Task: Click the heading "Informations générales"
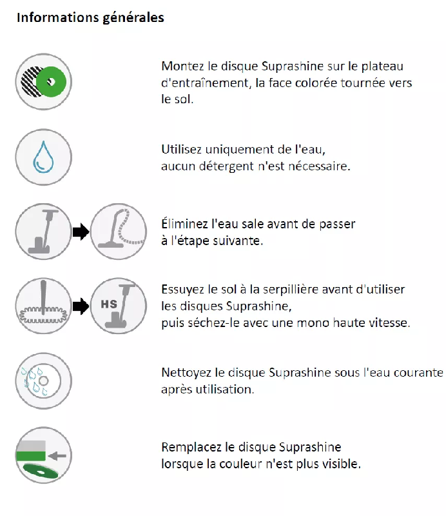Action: (x=90, y=18)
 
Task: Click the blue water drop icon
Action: (x=43, y=157)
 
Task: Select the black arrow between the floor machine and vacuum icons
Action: (x=81, y=232)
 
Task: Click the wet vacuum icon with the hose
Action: (x=119, y=232)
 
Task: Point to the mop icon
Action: (x=43, y=306)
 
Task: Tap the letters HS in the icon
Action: (x=109, y=304)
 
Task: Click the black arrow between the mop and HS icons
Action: (x=81, y=306)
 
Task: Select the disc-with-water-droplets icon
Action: (x=43, y=381)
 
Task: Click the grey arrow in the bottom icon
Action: (x=57, y=456)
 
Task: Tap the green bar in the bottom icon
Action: (x=30, y=456)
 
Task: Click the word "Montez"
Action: (x=182, y=66)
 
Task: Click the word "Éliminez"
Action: (x=185, y=224)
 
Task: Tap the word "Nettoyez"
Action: (x=186, y=373)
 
